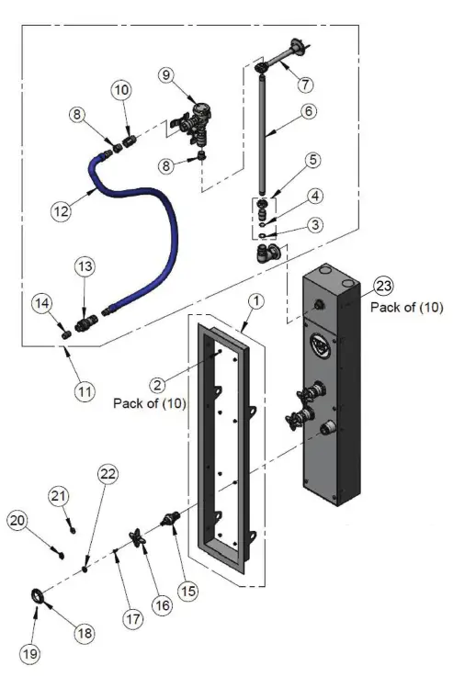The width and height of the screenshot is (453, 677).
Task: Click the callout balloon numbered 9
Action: pos(165,74)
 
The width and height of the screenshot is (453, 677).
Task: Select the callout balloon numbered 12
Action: pos(60,209)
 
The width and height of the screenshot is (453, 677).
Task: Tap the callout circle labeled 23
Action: pos(384,285)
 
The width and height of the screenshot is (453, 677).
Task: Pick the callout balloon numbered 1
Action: pos(257,300)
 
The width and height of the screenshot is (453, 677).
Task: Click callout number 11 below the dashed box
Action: pos(84,390)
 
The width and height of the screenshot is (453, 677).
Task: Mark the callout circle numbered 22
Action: pos(108,473)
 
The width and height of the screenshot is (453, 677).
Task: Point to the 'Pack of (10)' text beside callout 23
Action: pos(406,308)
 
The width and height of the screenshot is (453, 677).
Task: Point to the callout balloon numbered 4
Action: pos(314,196)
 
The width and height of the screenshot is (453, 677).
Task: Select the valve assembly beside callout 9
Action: pos(195,124)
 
